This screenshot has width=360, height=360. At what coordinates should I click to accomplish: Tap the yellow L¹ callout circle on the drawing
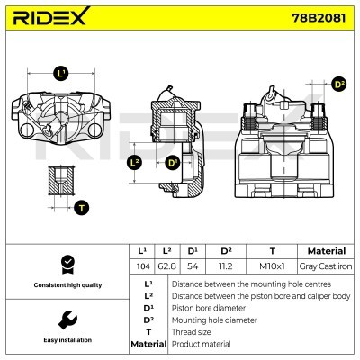[x=61, y=73]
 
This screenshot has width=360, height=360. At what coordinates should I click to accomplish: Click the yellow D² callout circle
[x=338, y=85]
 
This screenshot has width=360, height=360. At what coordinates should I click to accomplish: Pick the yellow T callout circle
[x=82, y=208]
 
